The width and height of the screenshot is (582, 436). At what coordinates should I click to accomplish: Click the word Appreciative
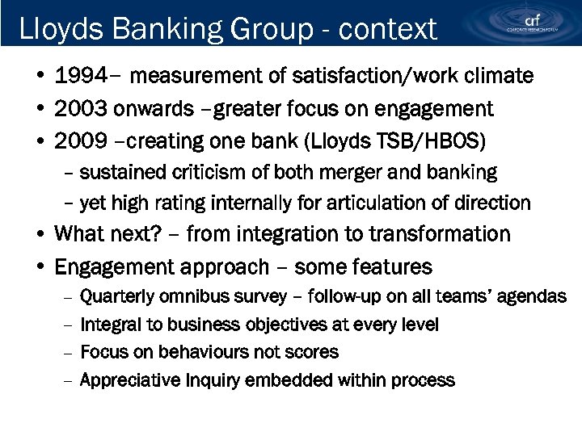click(130, 379)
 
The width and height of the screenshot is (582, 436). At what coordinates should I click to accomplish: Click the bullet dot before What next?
click(40, 235)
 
